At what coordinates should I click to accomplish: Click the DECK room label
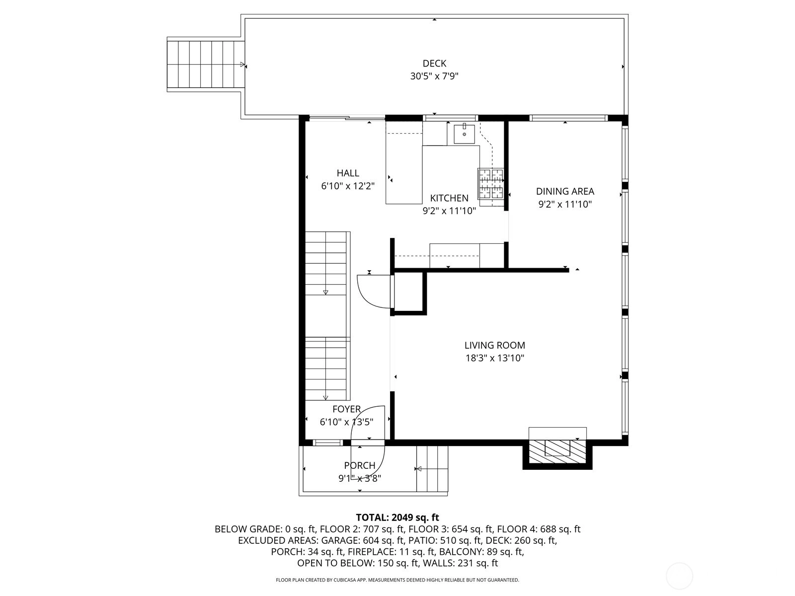point(434,64)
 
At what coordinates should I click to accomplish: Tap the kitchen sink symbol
point(464,134)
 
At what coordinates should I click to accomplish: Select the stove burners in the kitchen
point(491,184)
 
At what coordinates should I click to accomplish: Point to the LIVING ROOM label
point(495,345)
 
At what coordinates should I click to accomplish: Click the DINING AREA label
point(565,191)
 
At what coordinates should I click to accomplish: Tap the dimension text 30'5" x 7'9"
point(434,76)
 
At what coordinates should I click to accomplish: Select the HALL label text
point(348,173)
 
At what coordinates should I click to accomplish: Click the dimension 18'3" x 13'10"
point(495,358)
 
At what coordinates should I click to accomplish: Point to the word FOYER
point(347,409)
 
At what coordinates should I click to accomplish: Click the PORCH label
point(360,465)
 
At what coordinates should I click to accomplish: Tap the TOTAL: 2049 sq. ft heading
point(397,517)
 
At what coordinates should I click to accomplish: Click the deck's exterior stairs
point(206,65)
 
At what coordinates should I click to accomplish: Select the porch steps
point(432,469)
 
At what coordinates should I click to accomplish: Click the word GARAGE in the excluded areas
point(338,540)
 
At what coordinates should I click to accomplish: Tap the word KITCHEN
point(449,198)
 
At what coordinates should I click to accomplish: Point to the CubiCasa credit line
point(397,580)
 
